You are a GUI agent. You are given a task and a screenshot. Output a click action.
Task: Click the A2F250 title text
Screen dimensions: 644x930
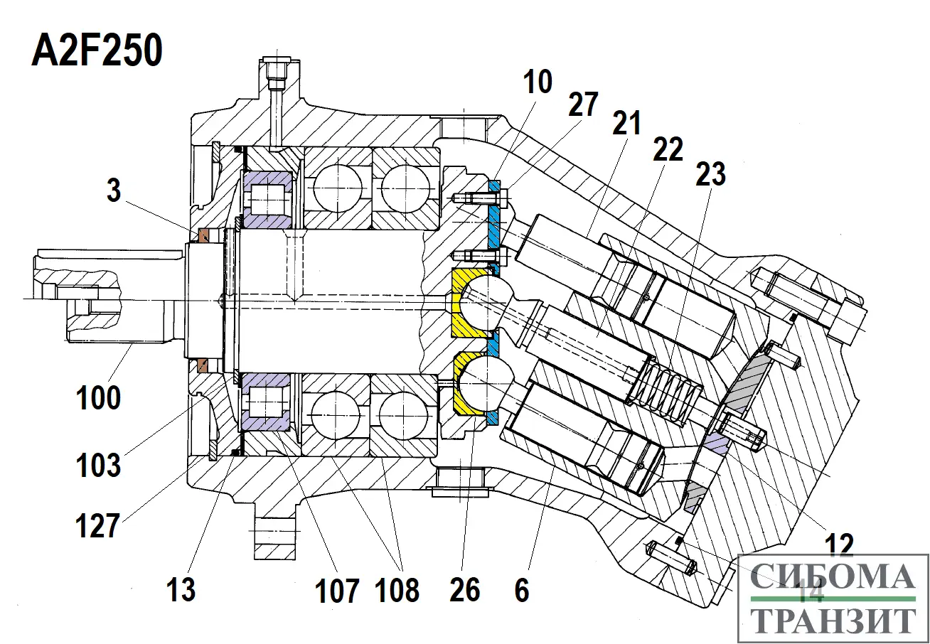[x=97, y=53]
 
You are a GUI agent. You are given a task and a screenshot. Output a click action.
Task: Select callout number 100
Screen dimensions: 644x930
[x=99, y=397]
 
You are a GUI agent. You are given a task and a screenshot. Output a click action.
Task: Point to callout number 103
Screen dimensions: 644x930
[x=99, y=466]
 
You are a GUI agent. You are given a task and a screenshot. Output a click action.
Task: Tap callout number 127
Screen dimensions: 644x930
[x=99, y=527]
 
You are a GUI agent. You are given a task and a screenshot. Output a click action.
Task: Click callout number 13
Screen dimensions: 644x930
[x=181, y=589]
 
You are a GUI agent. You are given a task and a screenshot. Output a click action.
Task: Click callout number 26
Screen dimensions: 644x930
[x=466, y=589]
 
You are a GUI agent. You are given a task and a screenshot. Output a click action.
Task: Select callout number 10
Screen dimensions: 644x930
[x=539, y=82]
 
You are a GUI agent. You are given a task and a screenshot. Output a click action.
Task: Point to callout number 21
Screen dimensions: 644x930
[x=626, y=125]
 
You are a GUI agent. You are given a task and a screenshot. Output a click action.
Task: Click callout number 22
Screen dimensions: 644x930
[x=668, y=149]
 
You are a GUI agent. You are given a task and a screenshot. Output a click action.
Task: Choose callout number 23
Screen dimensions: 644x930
[x=710, y=173]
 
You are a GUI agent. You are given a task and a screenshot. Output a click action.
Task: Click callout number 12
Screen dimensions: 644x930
[x=840, y=545]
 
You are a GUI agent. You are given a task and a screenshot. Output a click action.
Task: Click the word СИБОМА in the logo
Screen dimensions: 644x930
[x=833, y=576]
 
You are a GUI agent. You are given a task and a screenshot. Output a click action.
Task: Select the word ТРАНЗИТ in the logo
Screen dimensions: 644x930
[x=833, y=621]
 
